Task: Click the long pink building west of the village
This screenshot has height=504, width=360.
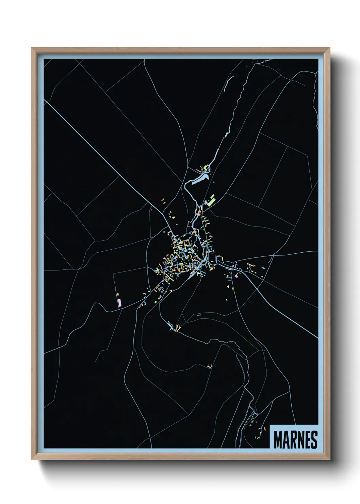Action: [119, 303]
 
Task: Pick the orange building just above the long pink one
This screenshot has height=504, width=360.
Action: [118, 294]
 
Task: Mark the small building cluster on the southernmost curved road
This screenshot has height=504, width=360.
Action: [210, 366]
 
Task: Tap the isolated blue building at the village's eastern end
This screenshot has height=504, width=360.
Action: [263, 269]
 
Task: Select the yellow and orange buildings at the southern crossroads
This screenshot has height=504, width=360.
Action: [177, 328]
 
